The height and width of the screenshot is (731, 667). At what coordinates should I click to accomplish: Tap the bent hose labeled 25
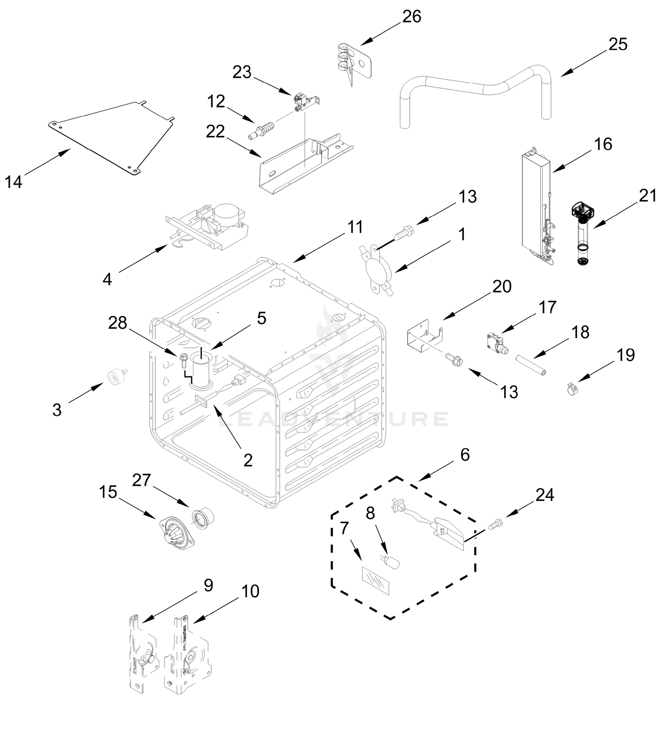tap(471, 85)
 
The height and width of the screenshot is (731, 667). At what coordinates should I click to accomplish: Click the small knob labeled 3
tap(115, 377)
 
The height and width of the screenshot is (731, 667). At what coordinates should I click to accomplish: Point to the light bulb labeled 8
tap(392, 562)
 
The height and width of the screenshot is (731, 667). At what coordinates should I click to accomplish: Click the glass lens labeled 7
tap(376, 581)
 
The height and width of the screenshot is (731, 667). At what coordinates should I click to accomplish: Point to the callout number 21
tap(648, 196)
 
